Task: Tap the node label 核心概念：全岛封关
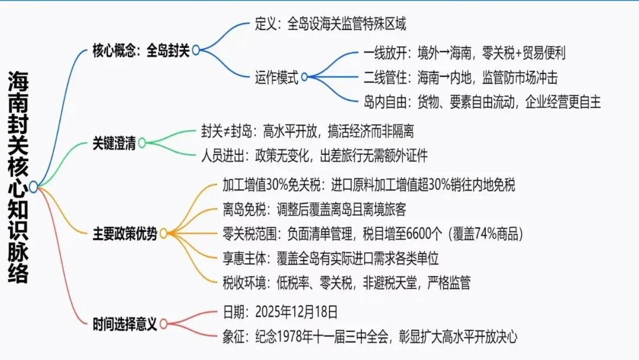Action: coord(141,50)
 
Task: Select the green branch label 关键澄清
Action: coord(114,143)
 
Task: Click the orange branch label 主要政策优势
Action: coord(125,234)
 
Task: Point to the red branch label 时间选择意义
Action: coord(125,324)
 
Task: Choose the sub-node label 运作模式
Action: coord(277,77)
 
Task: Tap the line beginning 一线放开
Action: coord(464,53)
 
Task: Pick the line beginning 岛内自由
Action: coord(482,102)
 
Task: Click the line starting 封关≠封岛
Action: coord(307,131)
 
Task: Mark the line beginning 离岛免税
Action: coord(314,208)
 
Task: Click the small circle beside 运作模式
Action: coord(305,77)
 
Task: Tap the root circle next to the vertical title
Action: coord(34,187)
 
